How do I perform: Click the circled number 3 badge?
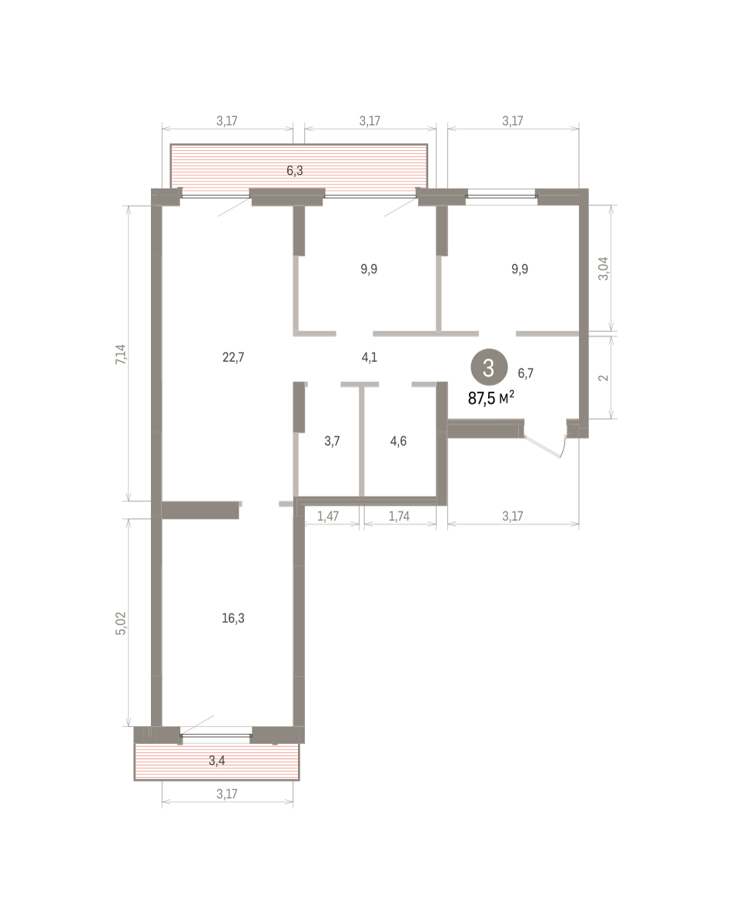click(489, 367)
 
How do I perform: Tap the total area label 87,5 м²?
click(490, 398)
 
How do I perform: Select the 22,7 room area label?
click(233, 357)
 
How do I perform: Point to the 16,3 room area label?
click(233, 618)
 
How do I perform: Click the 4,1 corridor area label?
click(370, 357)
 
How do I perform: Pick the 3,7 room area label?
click(332, 441)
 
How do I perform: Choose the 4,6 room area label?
click(398, 441)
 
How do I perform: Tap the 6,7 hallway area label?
click(526, 373)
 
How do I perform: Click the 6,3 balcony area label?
click(295, 171)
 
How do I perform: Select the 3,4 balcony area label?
click(217, 761)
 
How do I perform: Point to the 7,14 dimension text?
click(121, 354)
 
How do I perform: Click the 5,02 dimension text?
click(121, 623)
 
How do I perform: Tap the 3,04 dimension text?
click(604, 269)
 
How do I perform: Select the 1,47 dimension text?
click(328, 516)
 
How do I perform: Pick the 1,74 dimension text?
click(399, 516)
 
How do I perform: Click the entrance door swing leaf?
click(542, 447)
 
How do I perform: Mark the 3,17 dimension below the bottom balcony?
click(226, 794)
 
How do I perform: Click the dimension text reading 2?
click(604, 378)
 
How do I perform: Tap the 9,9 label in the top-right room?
click(520, 269)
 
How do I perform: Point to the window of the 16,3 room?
click(216, 735)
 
